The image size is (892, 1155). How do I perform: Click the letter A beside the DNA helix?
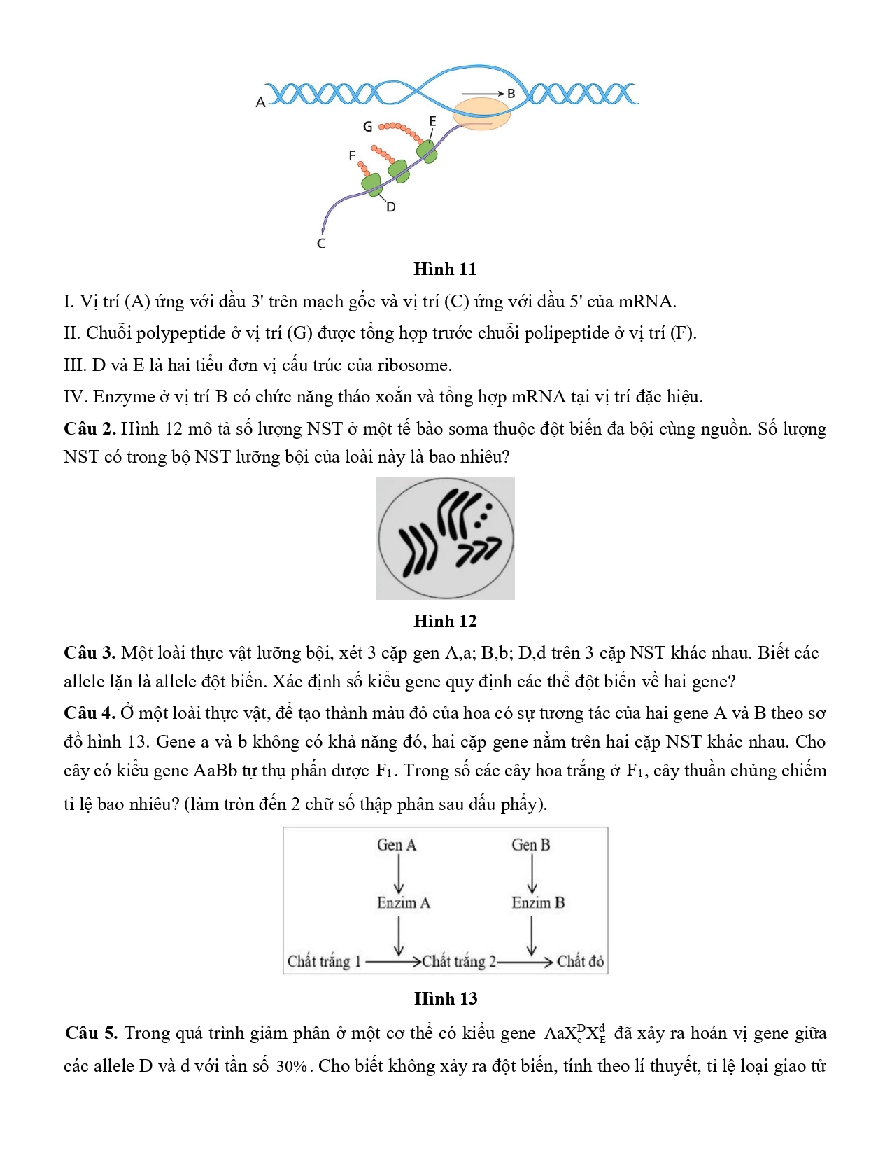tap(260, 102)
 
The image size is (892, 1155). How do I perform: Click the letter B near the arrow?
tap(511, 93)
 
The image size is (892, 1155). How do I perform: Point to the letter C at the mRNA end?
tap(321, 244)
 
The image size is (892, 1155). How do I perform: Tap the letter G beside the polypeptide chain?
tap(368, 127)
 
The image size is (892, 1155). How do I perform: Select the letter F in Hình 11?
tap(352, 155)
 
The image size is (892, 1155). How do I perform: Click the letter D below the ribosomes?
tap(391, 207)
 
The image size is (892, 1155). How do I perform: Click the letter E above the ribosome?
tap(432, 121)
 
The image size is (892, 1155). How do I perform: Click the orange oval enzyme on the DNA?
tap(481, 113)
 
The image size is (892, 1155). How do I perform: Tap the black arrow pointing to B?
tap(483, 93)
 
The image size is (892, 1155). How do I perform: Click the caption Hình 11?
tap(445, 269)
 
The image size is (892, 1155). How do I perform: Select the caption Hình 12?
tap(445, 621)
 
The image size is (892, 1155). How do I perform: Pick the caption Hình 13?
tap(446, 998)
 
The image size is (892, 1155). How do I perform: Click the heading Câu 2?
tap(90, 429)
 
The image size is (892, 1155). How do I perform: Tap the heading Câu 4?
tap(90, 713)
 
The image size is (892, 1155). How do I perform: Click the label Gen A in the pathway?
tap(397, 845)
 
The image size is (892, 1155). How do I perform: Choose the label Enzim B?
tap(538, 902)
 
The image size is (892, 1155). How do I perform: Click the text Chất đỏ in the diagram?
tap(580, 961)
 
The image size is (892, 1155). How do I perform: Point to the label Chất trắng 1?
tap(324, 961)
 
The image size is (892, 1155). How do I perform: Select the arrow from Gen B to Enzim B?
tap(532, 874)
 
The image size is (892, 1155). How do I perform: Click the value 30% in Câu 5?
tap(292, 1066)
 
